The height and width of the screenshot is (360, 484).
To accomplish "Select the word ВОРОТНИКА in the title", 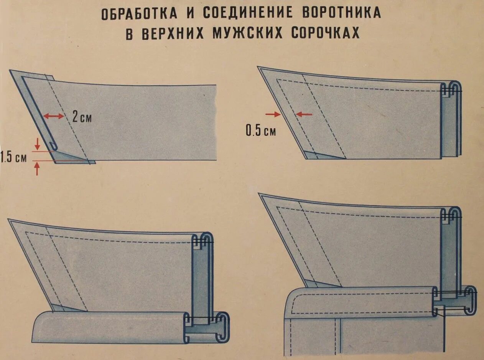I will point(342,13).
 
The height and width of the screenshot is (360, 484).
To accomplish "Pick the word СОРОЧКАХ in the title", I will point(325,33).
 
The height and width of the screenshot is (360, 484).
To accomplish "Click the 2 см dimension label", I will point(82,117).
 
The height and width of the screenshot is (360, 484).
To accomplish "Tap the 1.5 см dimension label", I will point(14,157).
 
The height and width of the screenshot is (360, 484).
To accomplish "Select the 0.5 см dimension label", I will point(260,131).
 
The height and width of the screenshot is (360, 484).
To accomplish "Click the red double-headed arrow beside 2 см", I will point(53,116).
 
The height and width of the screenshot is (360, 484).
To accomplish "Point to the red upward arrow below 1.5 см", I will point(37,169).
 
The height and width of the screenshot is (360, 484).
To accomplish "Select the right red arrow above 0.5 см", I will point(304,114).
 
